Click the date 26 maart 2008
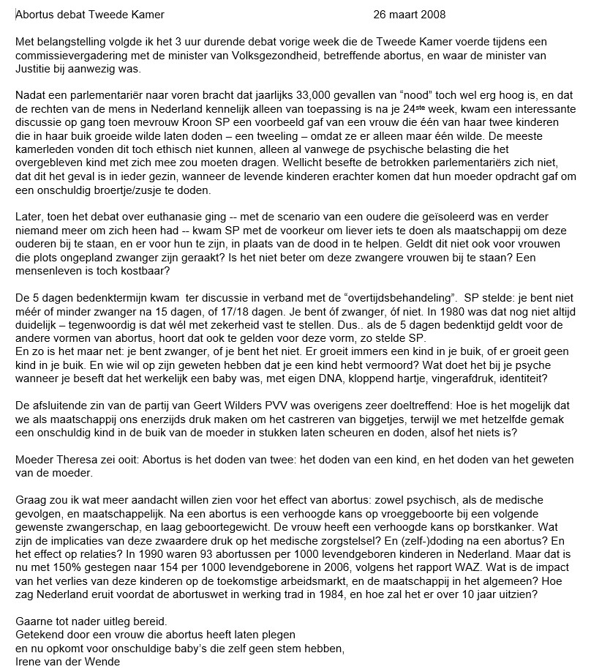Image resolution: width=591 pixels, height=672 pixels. coord(409,15)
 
